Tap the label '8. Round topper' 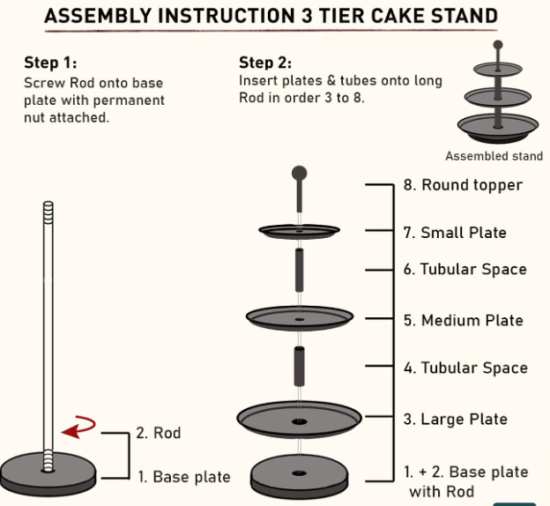463,185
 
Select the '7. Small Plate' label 455,233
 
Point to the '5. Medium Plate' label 464,320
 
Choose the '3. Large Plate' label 456,419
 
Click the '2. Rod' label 159,433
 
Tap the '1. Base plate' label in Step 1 184,477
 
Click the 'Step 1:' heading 50,63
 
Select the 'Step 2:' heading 265,63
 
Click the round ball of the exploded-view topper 299,173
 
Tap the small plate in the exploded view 299,231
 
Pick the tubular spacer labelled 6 299,270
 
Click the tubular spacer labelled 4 299,367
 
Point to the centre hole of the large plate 299,421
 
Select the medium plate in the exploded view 300,318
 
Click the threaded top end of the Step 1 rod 48,212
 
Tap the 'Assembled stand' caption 494,156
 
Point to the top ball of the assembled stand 498,45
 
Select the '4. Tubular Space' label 465,368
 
